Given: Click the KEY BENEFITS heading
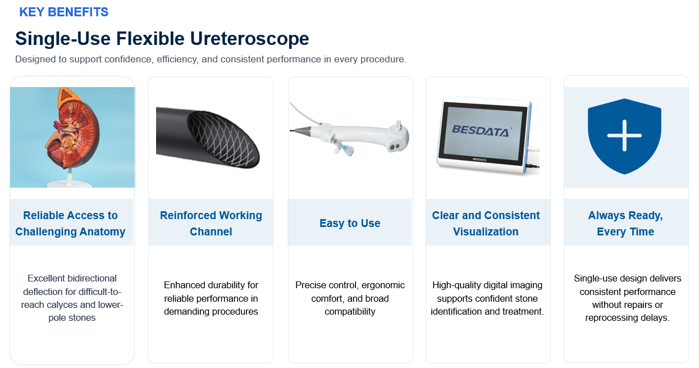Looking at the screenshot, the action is click(63, 12).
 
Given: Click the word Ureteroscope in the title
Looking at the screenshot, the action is click(250, 39).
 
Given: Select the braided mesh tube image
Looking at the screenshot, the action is click(208, 138).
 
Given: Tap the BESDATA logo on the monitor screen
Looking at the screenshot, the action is click(481, 130).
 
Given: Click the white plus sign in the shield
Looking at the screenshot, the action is click(624, 135).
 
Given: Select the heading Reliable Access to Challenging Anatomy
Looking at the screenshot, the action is click(70, 224).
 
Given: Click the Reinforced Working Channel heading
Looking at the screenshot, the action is click(211, 224).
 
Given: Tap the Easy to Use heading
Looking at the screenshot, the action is click(350, 223).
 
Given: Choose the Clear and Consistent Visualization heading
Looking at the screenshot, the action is click(486, 224).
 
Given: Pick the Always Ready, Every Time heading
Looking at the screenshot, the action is click(625, 224).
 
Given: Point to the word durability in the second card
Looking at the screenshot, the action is click(222, 285).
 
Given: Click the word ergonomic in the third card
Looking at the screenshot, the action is click(383, 285).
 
